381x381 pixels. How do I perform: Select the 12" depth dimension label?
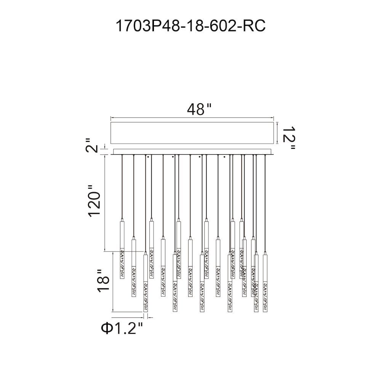289,138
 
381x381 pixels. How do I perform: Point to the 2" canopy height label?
92,146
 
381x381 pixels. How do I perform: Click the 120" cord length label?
94,201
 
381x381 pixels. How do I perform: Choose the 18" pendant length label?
103,281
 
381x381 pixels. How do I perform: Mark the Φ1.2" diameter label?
122,328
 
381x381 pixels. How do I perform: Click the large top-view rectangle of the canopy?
192,133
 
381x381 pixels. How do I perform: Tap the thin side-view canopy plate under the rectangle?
192,152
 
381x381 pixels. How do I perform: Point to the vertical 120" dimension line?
105,203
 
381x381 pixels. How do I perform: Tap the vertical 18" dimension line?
113,282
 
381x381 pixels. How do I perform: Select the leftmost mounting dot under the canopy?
148,157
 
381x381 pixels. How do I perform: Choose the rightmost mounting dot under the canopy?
224,157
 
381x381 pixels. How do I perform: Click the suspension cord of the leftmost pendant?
122,187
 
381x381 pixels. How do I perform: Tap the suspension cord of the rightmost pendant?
265,204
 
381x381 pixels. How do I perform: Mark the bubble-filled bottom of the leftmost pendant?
122,263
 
